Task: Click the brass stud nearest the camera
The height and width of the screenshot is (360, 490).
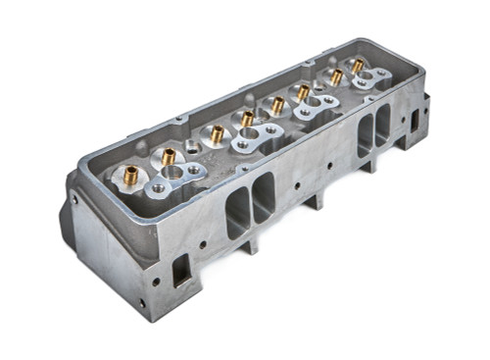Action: click(x=131, y=175)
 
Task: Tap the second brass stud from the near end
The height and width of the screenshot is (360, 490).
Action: click(x=169, y=155)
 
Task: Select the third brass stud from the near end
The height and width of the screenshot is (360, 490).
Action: click(x=217, y=132)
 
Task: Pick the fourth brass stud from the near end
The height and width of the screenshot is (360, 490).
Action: click(x=247, y=119)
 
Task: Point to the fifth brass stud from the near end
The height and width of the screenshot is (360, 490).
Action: click(x=278, y=104)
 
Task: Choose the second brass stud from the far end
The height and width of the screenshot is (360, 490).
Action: click(x=336, y=77)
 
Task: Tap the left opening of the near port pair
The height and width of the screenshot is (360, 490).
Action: click(x=238, y=212)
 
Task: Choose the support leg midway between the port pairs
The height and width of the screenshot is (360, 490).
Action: click(x=316, y=200)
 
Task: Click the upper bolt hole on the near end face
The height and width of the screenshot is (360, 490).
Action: click(x=74, y=199)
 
